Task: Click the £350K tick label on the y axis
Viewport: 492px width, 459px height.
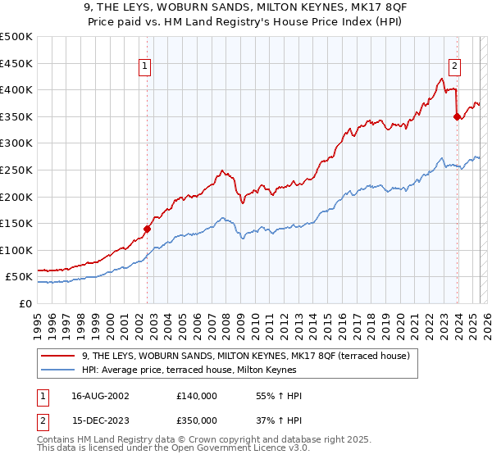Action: pos(16,116)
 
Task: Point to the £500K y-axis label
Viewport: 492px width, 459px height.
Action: pos(16,37)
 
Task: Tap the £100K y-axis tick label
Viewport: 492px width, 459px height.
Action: pos(16,250)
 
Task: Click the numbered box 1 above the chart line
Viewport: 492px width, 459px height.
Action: pos(144,67)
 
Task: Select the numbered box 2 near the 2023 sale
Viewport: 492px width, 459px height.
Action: pos(454,67)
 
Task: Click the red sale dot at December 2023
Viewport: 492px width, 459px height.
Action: pos(457,116)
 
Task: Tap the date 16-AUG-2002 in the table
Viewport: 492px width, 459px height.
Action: pos(100,396)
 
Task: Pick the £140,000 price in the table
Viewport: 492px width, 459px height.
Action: pos(196,396)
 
